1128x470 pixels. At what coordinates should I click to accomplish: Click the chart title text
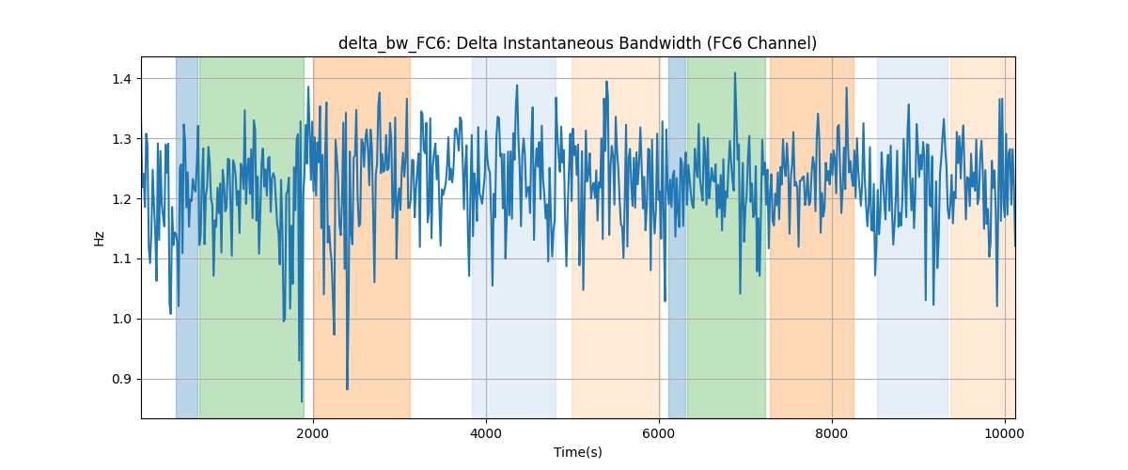click(577, 43)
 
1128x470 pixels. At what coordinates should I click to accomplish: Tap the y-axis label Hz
click(100, 238)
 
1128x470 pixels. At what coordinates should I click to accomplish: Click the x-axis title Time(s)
click(577, 452)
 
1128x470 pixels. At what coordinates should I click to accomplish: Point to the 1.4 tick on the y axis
click(121, 79)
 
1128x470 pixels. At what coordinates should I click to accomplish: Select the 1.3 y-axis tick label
click(121, 139)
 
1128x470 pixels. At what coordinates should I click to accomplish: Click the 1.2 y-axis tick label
click(121, 199)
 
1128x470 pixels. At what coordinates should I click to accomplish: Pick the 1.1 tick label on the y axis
click(121, 258)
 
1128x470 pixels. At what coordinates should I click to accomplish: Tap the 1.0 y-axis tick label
click(121, 319)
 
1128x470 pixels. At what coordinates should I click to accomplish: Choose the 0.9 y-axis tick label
click(121, 380)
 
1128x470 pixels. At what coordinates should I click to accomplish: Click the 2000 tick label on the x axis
click(313, 433)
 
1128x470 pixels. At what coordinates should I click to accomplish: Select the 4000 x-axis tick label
click(486, 433)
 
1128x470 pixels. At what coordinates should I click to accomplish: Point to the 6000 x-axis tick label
click(659, 433)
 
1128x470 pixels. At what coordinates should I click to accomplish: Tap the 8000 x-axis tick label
click(832, 433)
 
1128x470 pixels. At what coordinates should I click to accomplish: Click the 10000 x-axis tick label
click(1005, 433)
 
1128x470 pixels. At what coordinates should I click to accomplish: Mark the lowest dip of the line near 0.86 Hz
click(302, 401)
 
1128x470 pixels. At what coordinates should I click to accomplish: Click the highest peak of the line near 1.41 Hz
click(735, 73)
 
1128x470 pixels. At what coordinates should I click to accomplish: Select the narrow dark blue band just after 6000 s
click(678, 237)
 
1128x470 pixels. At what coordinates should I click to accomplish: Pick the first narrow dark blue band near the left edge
click(187, 237)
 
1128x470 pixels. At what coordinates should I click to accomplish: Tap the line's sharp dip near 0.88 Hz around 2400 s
click(347, 389)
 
